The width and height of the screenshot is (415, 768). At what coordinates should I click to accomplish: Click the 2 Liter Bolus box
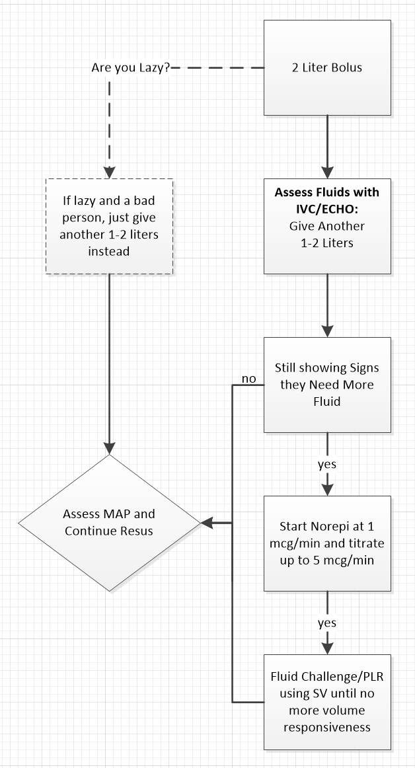(327, 67)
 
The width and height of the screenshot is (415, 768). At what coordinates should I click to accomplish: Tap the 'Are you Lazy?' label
(130, 67)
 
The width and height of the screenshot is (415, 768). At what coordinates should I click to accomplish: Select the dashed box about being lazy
(109, 225)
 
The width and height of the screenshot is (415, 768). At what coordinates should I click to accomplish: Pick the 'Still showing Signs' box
(327, 384)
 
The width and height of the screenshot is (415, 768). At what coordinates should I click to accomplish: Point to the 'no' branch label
(248, 379)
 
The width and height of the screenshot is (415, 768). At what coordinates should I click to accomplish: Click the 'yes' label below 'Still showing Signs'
(326, 464)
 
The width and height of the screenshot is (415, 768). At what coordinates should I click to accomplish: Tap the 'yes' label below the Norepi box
(326, 623)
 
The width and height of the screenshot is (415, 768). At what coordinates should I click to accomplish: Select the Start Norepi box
(327, 543)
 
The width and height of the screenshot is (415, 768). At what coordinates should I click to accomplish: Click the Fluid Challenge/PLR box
(327, 702)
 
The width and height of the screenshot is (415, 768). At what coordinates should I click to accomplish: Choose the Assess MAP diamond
(109, 523)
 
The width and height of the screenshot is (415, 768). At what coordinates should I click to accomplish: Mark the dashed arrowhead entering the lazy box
(109, 171)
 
